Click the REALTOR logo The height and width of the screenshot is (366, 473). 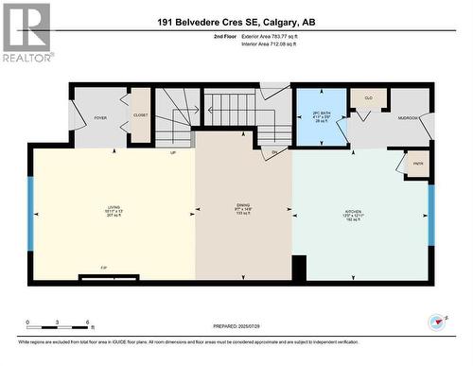[26, 33]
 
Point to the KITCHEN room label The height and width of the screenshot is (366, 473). [353, 212]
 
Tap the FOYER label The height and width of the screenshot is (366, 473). [100, 118]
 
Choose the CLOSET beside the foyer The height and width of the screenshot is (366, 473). [140, 116]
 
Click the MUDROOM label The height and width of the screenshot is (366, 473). [408, 118]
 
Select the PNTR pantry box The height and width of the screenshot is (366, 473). [415, 164]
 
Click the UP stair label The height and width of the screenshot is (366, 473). [173, 152]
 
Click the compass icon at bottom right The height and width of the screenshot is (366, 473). [437, 322]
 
